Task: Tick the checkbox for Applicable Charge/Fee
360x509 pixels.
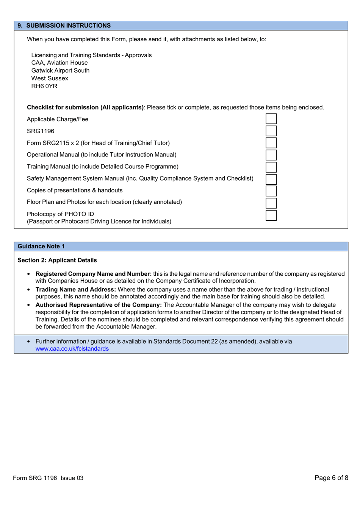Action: click(271, 119)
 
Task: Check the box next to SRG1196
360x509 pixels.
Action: click(271, 131)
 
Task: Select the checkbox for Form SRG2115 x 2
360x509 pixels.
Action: click(271, 143)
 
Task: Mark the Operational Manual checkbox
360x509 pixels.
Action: click(271, 155)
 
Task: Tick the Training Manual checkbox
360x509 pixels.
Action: click(271, 167)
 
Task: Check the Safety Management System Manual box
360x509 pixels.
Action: click(271, 179)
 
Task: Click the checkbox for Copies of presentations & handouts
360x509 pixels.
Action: click(271, 191)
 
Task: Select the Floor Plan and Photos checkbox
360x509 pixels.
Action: click(271, 203)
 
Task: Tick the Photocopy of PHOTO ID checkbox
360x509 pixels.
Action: click(271, 215)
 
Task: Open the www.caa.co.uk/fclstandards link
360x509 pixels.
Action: click(72, 349)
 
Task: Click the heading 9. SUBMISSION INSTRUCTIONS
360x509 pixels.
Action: click(64, 26)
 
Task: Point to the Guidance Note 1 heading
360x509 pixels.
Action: click(41, 247)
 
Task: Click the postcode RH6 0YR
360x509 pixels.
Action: click(44, 86)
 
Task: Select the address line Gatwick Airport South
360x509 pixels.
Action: click(60, 71)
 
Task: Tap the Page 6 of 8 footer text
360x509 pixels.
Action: click(331, 478)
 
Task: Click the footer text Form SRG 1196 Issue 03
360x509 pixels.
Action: click(48, 478)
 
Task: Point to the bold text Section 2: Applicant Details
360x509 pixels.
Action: click(57, 261)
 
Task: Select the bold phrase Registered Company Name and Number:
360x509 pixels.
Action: click(94, 274)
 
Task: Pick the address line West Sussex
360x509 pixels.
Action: click(50, 78)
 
